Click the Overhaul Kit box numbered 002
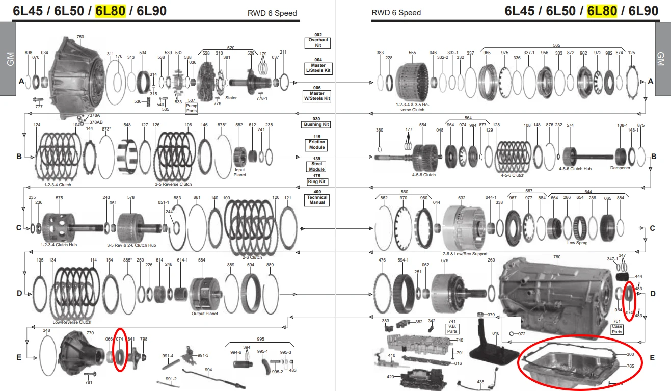point(318,42)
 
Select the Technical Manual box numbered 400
point(318,200)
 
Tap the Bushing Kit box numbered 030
point(318,124)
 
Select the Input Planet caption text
point(239,172)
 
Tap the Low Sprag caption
point(577,243)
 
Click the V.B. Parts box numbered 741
point(452,328)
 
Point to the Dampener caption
point(620,168)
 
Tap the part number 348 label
point(46,331)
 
